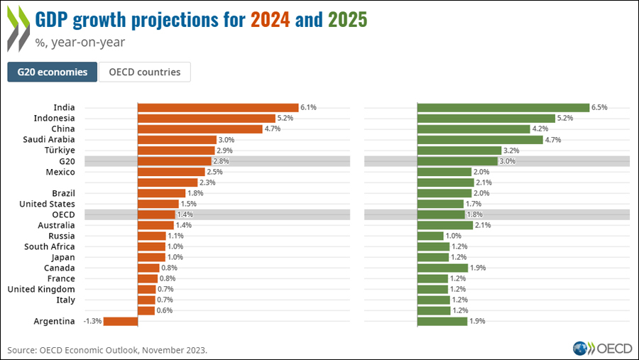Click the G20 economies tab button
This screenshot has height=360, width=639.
pos(53,72)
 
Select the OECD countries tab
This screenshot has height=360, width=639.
pos(145,72)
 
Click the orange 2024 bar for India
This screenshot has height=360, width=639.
pos(217,107)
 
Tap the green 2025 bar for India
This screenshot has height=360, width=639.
pos(503,107)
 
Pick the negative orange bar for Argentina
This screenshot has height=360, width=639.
pos(121,321)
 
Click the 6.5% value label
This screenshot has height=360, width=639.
pos(600,107)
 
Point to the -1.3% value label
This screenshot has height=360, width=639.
pos(92,321)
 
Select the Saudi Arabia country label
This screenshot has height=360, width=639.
pos(50,140)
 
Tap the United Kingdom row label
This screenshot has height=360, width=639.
pos(41,289)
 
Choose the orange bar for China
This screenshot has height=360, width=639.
pos(200,129)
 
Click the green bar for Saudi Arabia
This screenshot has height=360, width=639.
pos(480,140)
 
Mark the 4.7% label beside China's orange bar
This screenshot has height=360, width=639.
pos(273,129)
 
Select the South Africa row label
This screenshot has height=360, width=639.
pos(49,246)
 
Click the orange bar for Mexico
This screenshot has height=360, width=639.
pos(171,172)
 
